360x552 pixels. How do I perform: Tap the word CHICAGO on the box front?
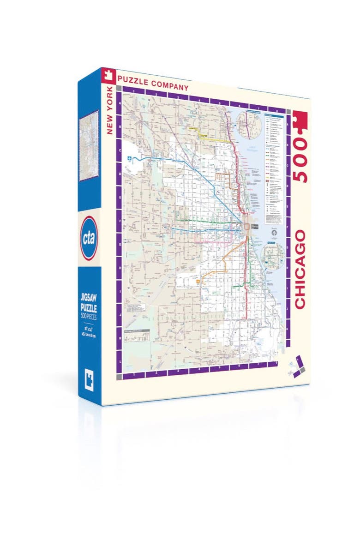300,270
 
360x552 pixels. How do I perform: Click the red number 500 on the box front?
300,160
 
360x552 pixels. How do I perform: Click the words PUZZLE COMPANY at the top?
153,83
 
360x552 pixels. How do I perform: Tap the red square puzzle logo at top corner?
108,75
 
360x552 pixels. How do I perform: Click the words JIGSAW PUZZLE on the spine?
89,302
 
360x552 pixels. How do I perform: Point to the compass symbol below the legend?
273,233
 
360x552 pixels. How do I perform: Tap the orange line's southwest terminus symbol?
199,280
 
